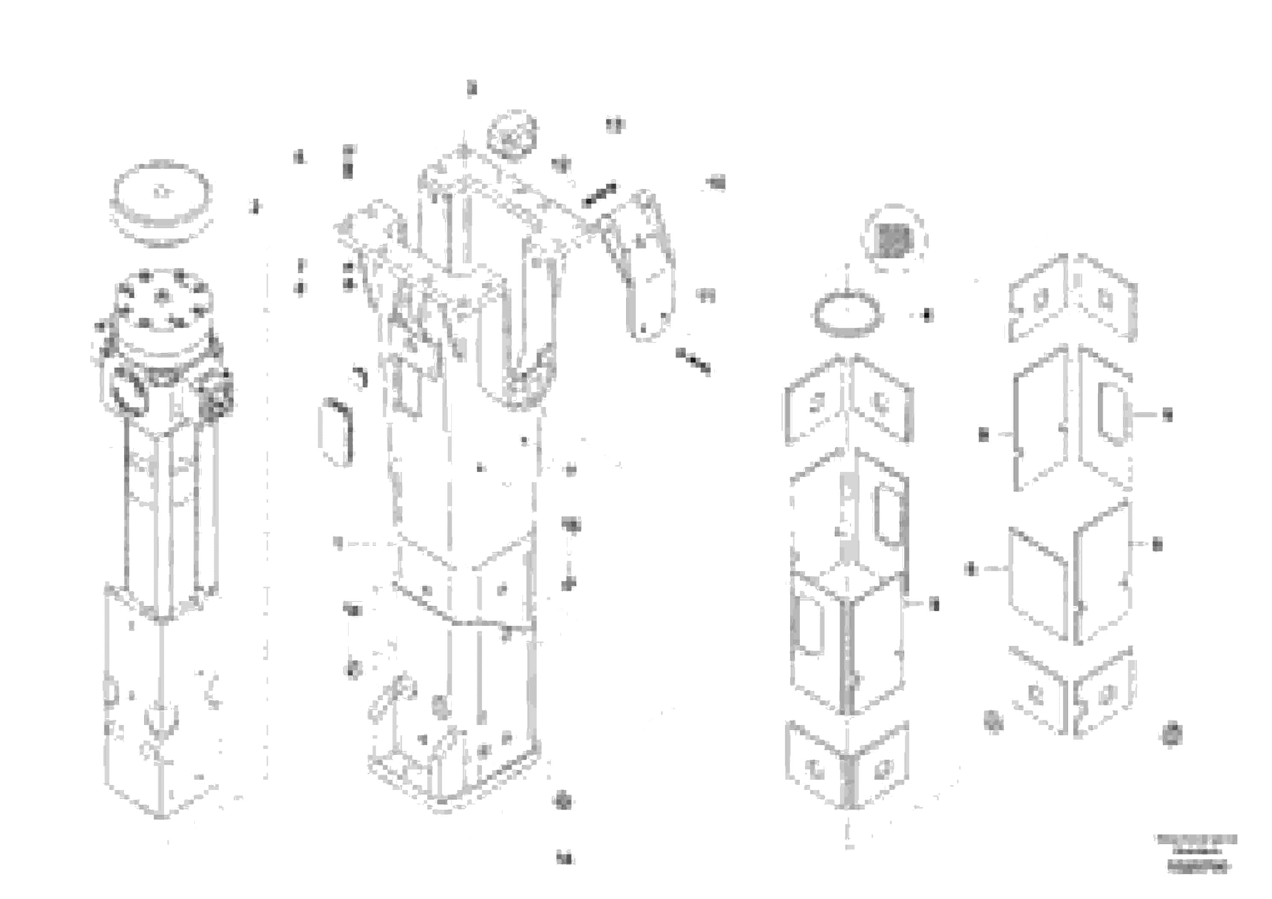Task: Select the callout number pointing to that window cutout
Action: [1167, 415]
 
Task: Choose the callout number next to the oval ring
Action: [928, 315]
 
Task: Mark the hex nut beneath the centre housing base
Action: [563, 801]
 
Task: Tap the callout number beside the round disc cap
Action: [255, 207]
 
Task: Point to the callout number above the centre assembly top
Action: [471, 88]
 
